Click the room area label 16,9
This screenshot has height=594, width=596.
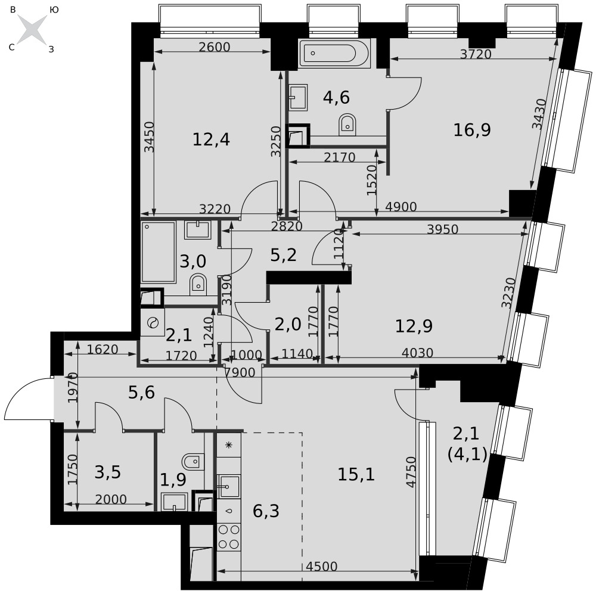coord(472,130)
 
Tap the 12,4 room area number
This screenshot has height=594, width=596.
coord(212,139)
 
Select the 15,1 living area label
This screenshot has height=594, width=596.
coord(356,474)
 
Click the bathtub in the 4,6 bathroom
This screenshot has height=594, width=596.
coord(334,53)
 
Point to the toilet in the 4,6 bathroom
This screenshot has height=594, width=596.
coord(347,125)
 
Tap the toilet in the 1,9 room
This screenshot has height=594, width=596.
coord(193,461)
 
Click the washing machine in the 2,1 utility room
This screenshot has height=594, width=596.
coord(153,322)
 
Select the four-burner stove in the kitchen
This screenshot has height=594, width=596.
coord(229,537)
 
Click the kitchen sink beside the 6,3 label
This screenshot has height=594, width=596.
coord(228,486)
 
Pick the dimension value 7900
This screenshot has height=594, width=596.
coord(240,372)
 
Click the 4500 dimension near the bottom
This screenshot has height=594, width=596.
coord(322,567)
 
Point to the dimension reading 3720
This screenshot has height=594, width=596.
coord(476,54)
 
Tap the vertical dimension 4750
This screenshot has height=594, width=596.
coord(411,472)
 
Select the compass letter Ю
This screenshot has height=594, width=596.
coord(54,10)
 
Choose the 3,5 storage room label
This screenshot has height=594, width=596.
coord(108,472)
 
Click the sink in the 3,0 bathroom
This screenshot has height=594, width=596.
coord(198,230)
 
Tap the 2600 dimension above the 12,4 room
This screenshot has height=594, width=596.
coord(215,46)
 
